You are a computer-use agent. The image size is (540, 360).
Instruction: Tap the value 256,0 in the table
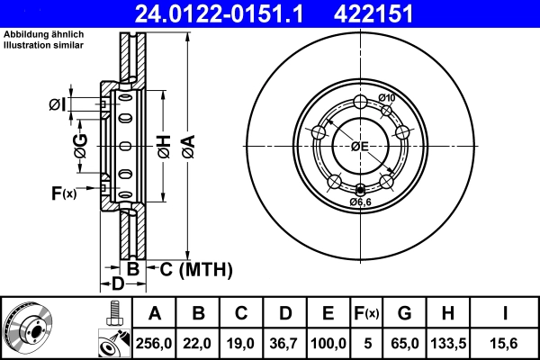click(x=154, y=343)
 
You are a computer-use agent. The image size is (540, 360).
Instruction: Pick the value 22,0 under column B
click(x=198, y=343)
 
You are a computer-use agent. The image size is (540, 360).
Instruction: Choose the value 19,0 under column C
click(x=241, y=343)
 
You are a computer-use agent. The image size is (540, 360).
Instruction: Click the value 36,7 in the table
click(x=284, y=343)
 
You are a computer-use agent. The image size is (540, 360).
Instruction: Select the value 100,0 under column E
click(x=328, y=343)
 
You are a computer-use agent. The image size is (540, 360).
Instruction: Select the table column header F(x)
click(x=367, y=314)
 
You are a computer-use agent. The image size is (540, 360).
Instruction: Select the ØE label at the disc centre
click(x=359, y=146)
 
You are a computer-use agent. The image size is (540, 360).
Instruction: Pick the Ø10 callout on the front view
click(x=387, y=97)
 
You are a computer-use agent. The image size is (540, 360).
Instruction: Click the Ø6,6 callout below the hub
click(x=360, y=202)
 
